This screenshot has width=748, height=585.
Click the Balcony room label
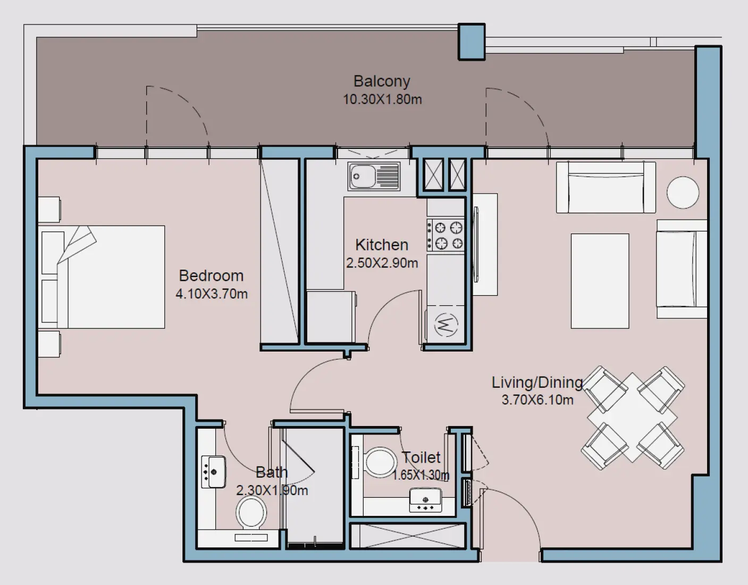[x=382, y=81]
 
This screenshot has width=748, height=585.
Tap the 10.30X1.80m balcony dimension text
[x=382, y=99]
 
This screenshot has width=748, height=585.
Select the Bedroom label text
[x=211, y=275]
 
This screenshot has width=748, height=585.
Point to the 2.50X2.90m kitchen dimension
[x=382, y=263]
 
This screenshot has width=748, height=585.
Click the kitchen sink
[x=374, y=176]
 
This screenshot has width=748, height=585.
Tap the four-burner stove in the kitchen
[x=446, y=235]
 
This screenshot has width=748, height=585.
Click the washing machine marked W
[x=446, y=324]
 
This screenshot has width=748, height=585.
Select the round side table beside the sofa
[x=683, y=193]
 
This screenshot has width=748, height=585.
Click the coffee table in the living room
[x=600, y=281]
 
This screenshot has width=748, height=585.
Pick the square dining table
[x=632, y=417]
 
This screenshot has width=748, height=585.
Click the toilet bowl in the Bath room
[x=251, y=513]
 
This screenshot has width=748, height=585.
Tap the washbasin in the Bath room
[x=213, y=472]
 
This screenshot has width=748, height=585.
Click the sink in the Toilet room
[x=425, y=500]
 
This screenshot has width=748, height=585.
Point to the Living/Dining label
[x=537, y=382]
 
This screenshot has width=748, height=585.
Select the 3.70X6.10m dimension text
[x=537, y=400]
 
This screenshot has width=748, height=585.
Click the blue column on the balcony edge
[x=472, y=41]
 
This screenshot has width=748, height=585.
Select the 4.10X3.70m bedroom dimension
[x=212, y=294]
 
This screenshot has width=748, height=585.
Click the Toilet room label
[x=421, y=457]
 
